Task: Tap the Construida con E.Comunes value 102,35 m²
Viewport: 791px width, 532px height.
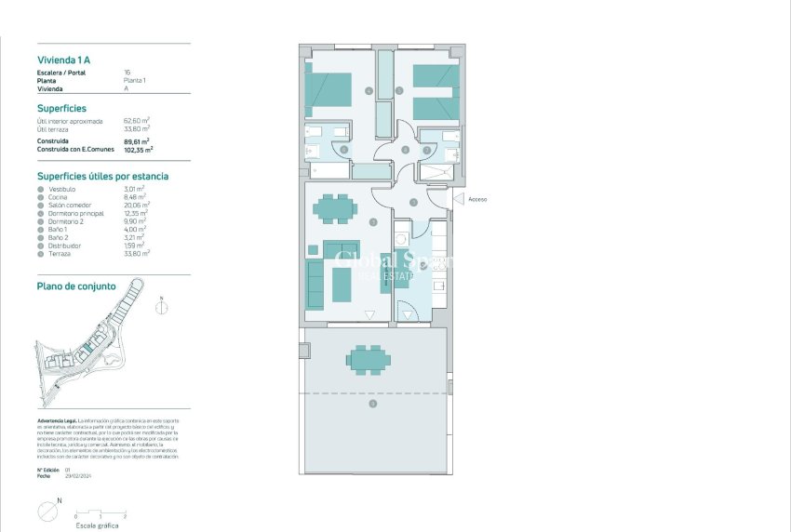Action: (139, 149)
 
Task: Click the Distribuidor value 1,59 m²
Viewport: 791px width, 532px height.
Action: (136, 245)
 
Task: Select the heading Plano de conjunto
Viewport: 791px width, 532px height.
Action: (76, 286)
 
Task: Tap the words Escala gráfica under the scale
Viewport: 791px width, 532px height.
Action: (96, 525)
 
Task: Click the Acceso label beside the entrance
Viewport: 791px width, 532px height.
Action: (477, 199)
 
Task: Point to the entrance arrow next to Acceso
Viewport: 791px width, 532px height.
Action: (456, 199)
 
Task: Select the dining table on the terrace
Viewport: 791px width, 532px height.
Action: (369, 358)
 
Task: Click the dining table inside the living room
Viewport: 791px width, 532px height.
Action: (334, 208)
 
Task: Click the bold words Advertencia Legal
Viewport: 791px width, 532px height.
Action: (57, 420)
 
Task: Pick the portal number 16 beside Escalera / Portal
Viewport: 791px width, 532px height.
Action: (127, 73)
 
